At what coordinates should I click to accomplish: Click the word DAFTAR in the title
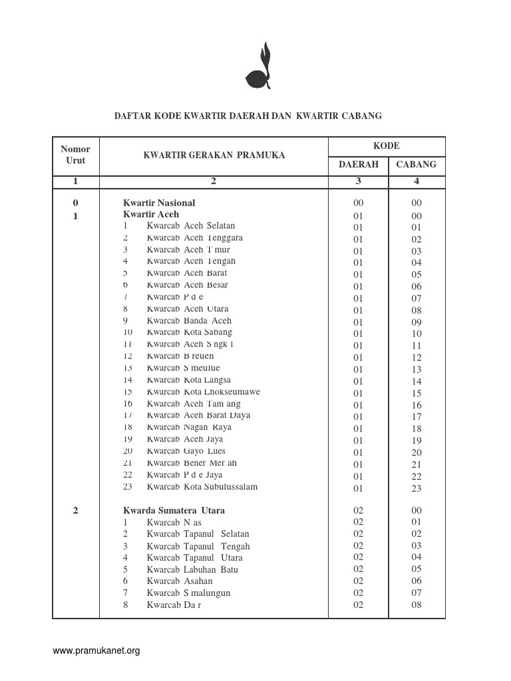(x=133, y=116)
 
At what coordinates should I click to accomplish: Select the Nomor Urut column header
(x=75, y=155)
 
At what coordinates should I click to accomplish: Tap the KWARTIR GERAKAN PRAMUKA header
(x=214, y=156)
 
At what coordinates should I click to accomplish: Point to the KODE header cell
(x=386, y=146)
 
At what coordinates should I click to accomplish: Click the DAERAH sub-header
(x=359, y=164)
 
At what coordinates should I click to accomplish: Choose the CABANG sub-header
(x=417, y=164)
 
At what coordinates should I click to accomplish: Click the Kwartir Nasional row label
(x=159, y=203)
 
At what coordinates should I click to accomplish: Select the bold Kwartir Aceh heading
(x=151, y=215)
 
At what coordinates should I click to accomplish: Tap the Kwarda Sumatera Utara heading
(x=174, y=511)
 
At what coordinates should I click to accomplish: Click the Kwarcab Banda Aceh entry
(x=189, y=321)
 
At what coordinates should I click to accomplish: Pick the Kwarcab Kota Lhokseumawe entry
(x=203, y=392)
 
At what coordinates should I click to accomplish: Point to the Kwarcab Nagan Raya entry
(x=189, y=427)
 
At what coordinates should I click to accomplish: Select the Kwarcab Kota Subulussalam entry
(x=202, y=487)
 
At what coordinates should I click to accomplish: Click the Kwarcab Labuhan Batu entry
(x=192, y=569)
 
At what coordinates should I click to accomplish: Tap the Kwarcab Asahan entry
(x=180, y=581)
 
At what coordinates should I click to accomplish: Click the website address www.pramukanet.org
(x=96, y=651)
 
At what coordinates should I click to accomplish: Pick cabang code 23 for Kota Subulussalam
(x=417, y=489)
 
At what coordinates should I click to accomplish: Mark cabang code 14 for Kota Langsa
(x=417, y=382)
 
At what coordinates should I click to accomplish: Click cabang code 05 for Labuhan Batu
(x=417, y=569)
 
